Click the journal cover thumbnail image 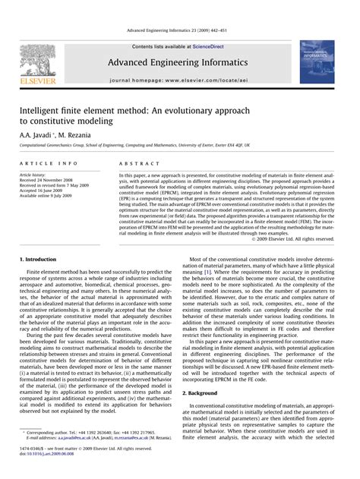pos(317,62)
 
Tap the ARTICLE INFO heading pos(49,163)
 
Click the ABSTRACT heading pos(134,163)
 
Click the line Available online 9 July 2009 pos(47,196)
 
